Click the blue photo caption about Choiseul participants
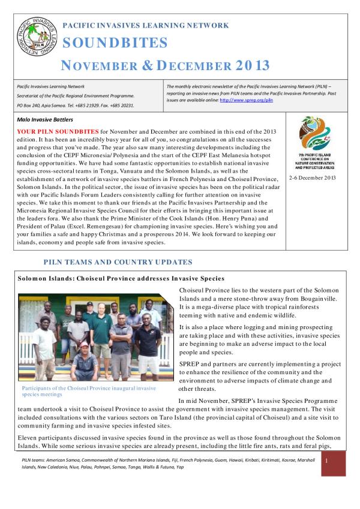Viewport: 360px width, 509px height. [x=87, y=391]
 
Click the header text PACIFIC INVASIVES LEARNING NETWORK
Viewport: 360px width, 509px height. [x=145, y=26]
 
